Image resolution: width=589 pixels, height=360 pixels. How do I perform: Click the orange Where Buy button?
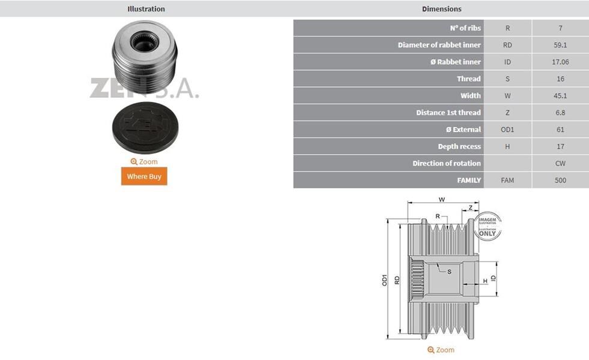(x=144, y=176)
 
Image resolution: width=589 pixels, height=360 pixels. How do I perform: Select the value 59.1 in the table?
(x=560, y=45)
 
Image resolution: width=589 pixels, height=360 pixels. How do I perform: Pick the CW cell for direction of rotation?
(x=560, y=163)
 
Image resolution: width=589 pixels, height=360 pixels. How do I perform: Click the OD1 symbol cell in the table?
(x=507, y=130)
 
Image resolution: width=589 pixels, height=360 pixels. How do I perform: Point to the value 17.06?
(x=560, y=62)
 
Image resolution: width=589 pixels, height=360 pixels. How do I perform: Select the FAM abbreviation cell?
(x=507, y=180)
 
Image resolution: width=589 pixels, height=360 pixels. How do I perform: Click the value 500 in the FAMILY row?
(x=560, y=180)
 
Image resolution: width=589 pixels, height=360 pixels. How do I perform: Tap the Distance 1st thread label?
(x=448, y=113)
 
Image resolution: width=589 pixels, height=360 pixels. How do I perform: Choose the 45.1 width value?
(x=560, y=95)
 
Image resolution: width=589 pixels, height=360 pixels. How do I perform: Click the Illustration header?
(x=146, y=9)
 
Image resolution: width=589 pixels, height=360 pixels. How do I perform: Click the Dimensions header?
(x=441, y=9)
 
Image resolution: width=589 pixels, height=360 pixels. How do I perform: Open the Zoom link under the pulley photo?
(x=144, y=161)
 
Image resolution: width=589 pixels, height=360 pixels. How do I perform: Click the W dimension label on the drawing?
(x=442, y=199)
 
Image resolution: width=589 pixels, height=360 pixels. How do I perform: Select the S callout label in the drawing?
(x=449, y=271)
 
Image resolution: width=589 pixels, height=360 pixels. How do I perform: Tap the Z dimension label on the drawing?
(x=471, y=207)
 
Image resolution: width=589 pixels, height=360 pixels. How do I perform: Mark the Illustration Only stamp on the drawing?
(x=487, y=226)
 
